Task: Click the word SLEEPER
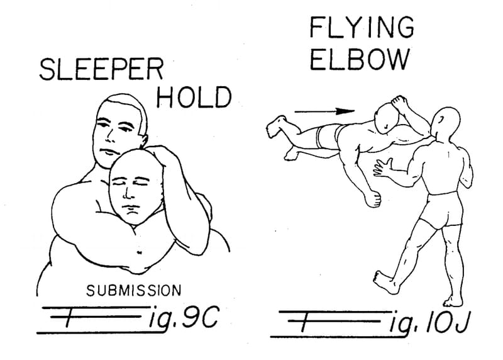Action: click(101, 69)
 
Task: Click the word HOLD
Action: click(194, 97)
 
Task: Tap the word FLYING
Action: click(362, 27)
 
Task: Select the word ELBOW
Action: click(360, 59)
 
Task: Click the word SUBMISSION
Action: click(134, 291)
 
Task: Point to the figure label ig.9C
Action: click(184, 318)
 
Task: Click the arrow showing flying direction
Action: click(324, 111)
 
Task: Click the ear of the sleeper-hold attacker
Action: click(143, 140)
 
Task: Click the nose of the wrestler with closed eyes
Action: click(127, 192)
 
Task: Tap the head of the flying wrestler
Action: click(387, 118)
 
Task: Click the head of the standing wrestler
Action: click(446, 122)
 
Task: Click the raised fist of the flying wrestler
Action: click(399, 102)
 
